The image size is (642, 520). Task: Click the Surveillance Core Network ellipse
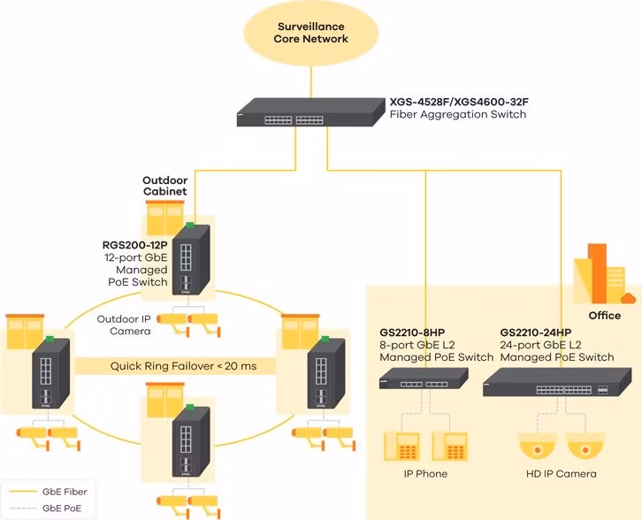[x=310, y=33]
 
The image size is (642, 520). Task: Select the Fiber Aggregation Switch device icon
[x=310, y=112]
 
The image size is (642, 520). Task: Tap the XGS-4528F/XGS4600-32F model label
[x=459, y=102]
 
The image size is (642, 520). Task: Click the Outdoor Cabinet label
[x=165, y=186]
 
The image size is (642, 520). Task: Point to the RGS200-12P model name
[x=134, y=245]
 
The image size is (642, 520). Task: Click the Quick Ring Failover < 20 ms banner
[x=183, y=366]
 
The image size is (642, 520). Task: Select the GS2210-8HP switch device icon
[x=424, y=379]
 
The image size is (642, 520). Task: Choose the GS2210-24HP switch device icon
[x=557, y=382]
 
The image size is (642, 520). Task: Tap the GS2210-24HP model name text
[x=536, y=333]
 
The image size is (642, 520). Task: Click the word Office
[x=604, y=316]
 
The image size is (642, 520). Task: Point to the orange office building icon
[x=603, y=273]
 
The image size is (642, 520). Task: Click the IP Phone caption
[x=425, y=474]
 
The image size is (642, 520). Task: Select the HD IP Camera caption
[x=561, y=474]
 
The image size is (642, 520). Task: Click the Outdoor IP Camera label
[x=124, y=325]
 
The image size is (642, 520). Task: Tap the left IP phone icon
[x=401, y=447]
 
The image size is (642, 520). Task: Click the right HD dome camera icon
[x=585, y=447]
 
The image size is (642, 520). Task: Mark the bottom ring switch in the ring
[x=190, y=441]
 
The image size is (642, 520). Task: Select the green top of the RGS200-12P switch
[x=189, y=225]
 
